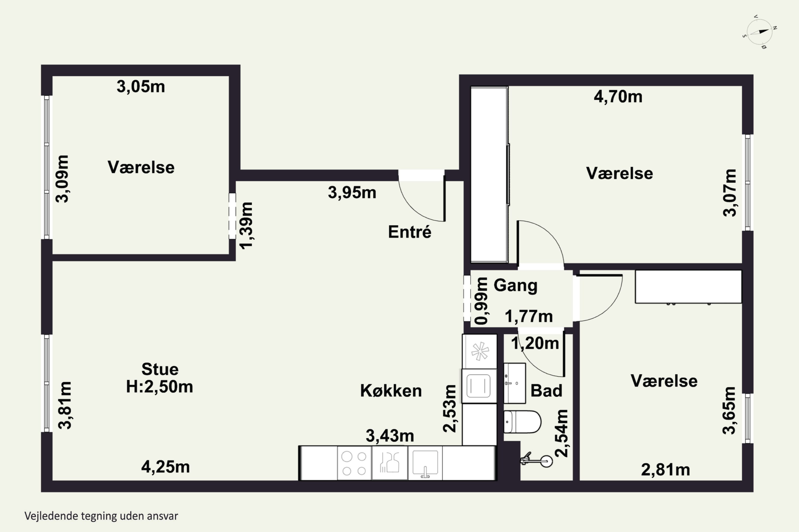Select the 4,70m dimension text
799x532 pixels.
coord(618,97)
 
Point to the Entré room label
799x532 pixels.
coord(410,232)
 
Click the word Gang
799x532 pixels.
coord(515,286)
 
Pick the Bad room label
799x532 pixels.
coord(546,390)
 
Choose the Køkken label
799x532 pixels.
coord(391,391)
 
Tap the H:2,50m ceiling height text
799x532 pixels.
coord(159,387)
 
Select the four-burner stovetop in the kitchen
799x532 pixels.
coord(354,463)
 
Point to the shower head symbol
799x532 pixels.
coord(537,460)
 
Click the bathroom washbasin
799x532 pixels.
coord(514,383)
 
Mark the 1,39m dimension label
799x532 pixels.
coord(247,226)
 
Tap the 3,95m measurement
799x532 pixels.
coord(352,193)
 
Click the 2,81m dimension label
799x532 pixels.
coord(666,470)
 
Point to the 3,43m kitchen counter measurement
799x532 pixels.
coord(390,436)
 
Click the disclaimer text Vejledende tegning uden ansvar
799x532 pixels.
coord(101,516)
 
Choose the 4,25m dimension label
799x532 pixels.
coord(165,467)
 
